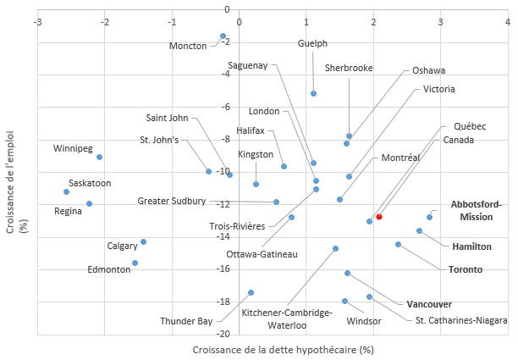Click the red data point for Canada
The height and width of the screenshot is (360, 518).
[x=379, y=217]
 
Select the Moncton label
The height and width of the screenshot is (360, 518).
[x=188, y=46]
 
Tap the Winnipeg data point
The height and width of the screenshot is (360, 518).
[x=99, y=157]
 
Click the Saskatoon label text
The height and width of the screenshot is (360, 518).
[x=90, y=183]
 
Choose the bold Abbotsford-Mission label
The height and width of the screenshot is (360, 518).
[x=476, y=210]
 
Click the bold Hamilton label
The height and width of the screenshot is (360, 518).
[x=471, y=246]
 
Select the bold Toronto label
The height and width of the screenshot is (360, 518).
[x=465, y=269]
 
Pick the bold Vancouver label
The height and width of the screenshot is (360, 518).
[x=429, y=304]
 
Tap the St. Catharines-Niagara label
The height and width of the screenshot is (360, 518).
[x=461, y=320]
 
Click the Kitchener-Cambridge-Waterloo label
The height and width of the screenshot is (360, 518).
[x=286, y=318]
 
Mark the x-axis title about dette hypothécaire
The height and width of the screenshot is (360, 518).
[x=283, y=349]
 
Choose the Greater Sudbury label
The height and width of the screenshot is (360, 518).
[x=172, y=201]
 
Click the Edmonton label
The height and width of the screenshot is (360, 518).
[x=109, y=269]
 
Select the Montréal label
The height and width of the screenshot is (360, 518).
[x=400, y=158]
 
